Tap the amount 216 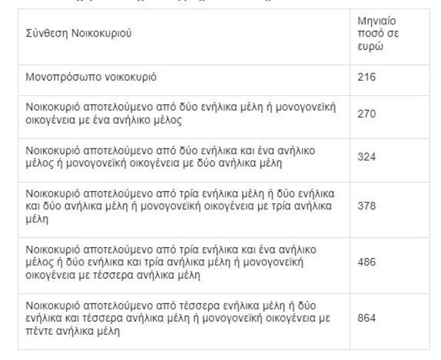[366, 77]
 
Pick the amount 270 [366, 114]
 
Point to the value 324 [366, 156]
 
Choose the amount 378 [366, 206]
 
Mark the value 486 [366, 262]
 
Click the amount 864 [366, 318]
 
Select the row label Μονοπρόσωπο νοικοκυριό [91, 77]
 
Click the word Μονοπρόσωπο [58, 77]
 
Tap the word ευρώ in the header [369, 45]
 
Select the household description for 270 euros [181, 114]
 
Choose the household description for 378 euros [181, 206]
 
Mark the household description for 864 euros [181, 318]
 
